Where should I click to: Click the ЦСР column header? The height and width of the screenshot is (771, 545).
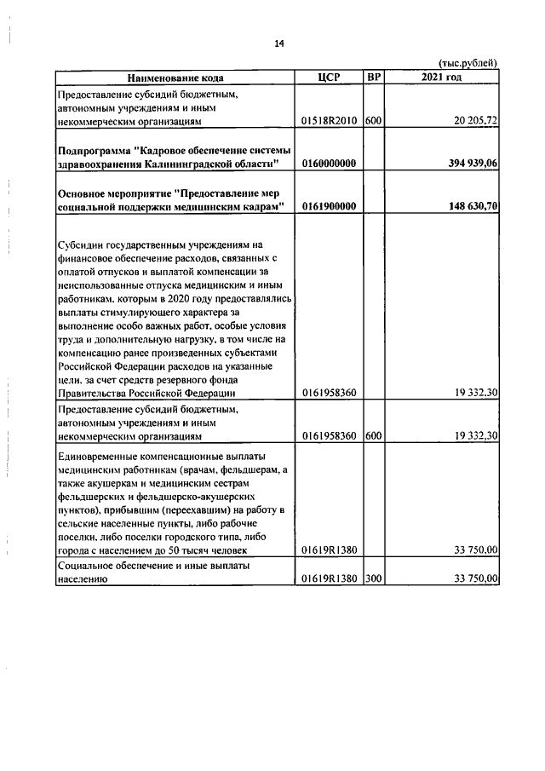click(329, 78)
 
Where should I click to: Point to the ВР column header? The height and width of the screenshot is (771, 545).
click(373, 78)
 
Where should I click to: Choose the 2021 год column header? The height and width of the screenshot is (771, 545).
click(441, 78)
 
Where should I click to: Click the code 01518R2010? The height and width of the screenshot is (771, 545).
click(330, 122)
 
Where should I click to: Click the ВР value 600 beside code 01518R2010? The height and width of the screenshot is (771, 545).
click(372, 122)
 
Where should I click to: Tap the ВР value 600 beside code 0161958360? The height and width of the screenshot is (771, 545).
click(372, 435)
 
